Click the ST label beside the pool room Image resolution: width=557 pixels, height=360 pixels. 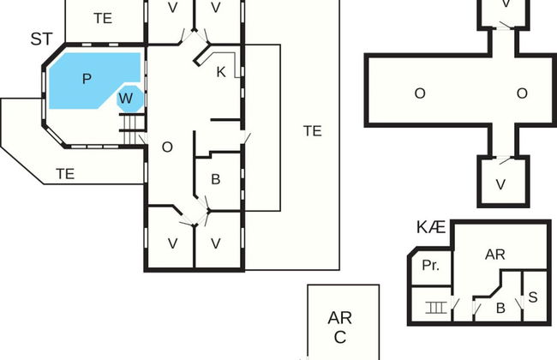(41, 39)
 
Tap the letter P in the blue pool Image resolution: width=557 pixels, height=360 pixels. (87, 78)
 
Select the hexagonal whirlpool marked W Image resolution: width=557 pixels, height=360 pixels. (126, 99)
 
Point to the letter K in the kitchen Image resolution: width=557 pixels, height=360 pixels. (220, 72)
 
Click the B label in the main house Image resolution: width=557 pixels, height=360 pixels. (216, 179)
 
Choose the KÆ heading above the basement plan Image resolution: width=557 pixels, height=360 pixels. (431, 227)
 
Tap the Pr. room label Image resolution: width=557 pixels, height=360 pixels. (430, 266)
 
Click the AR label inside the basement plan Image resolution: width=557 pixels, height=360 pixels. (495, 255)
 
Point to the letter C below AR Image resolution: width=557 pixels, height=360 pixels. (340, 337)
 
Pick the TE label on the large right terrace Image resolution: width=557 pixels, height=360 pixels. (312, 131)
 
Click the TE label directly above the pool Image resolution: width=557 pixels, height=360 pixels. (103, 18)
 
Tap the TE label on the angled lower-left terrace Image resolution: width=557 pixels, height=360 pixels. (65, 173)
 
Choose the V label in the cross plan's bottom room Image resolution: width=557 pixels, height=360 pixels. (500, 183)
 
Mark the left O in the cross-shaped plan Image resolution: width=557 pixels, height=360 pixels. (420, 93)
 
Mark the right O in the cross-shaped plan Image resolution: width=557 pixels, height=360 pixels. (521, 93)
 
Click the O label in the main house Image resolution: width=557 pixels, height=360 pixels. (167, 147)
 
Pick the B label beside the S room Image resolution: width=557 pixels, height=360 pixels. (501, 307)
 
